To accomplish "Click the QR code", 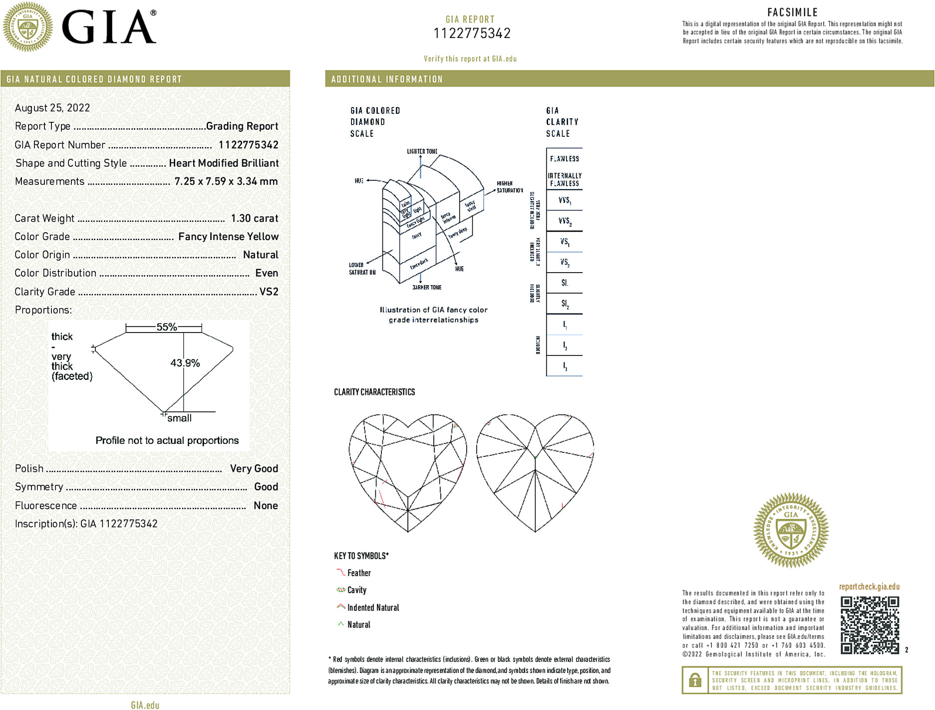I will [x=869, y=625].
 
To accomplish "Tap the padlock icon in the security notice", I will [x=695, y=680].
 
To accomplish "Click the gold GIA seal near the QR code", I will [x=791, y=530].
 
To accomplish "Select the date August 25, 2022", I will [x=52, y=108].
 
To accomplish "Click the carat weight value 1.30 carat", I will [x=255, y=218].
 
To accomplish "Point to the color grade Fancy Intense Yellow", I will [x=228, y=237].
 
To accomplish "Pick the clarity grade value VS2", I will [x=269, y=292].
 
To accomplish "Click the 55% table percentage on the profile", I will [x=167, y=327].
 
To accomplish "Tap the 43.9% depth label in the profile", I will [x=185, y=363].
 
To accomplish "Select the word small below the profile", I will [x=179, y=418].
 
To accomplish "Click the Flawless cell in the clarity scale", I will [x=565, y=159].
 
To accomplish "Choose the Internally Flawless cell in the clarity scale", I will [x=565, y=180].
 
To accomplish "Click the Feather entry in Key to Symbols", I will [x=359, y=573].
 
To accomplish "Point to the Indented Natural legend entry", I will [x=373, y=608].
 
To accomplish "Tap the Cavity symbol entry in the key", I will [x=356, y=590].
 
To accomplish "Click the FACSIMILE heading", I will [x=792, y=12].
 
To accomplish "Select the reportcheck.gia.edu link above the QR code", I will [x=869, y=587].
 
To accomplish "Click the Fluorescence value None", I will [x=266, y=505].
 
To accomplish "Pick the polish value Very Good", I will [x=254, y=468].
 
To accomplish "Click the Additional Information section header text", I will [x=387, y=79].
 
